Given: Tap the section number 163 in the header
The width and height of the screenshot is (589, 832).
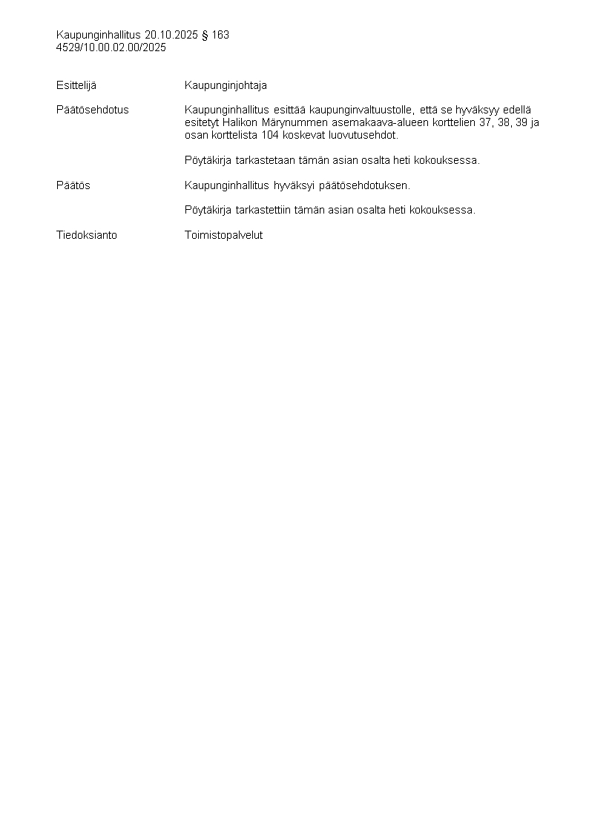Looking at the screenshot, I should pos(220,35).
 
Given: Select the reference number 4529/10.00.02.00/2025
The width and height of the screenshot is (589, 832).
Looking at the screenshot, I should pos(111,47).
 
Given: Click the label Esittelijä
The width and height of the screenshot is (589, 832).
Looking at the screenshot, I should pos(76,85).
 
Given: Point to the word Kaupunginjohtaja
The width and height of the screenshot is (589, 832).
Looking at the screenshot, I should pos(226,85).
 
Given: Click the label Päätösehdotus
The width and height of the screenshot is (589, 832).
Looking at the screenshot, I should pos(93,110).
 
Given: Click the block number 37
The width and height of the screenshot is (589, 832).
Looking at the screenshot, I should pos(485,122).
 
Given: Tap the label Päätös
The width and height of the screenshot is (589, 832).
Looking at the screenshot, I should pos(73,185).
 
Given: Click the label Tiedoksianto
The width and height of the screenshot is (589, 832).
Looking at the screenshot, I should pos(87,235).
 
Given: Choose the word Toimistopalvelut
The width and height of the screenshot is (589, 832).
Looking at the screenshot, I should pos(223,235).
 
